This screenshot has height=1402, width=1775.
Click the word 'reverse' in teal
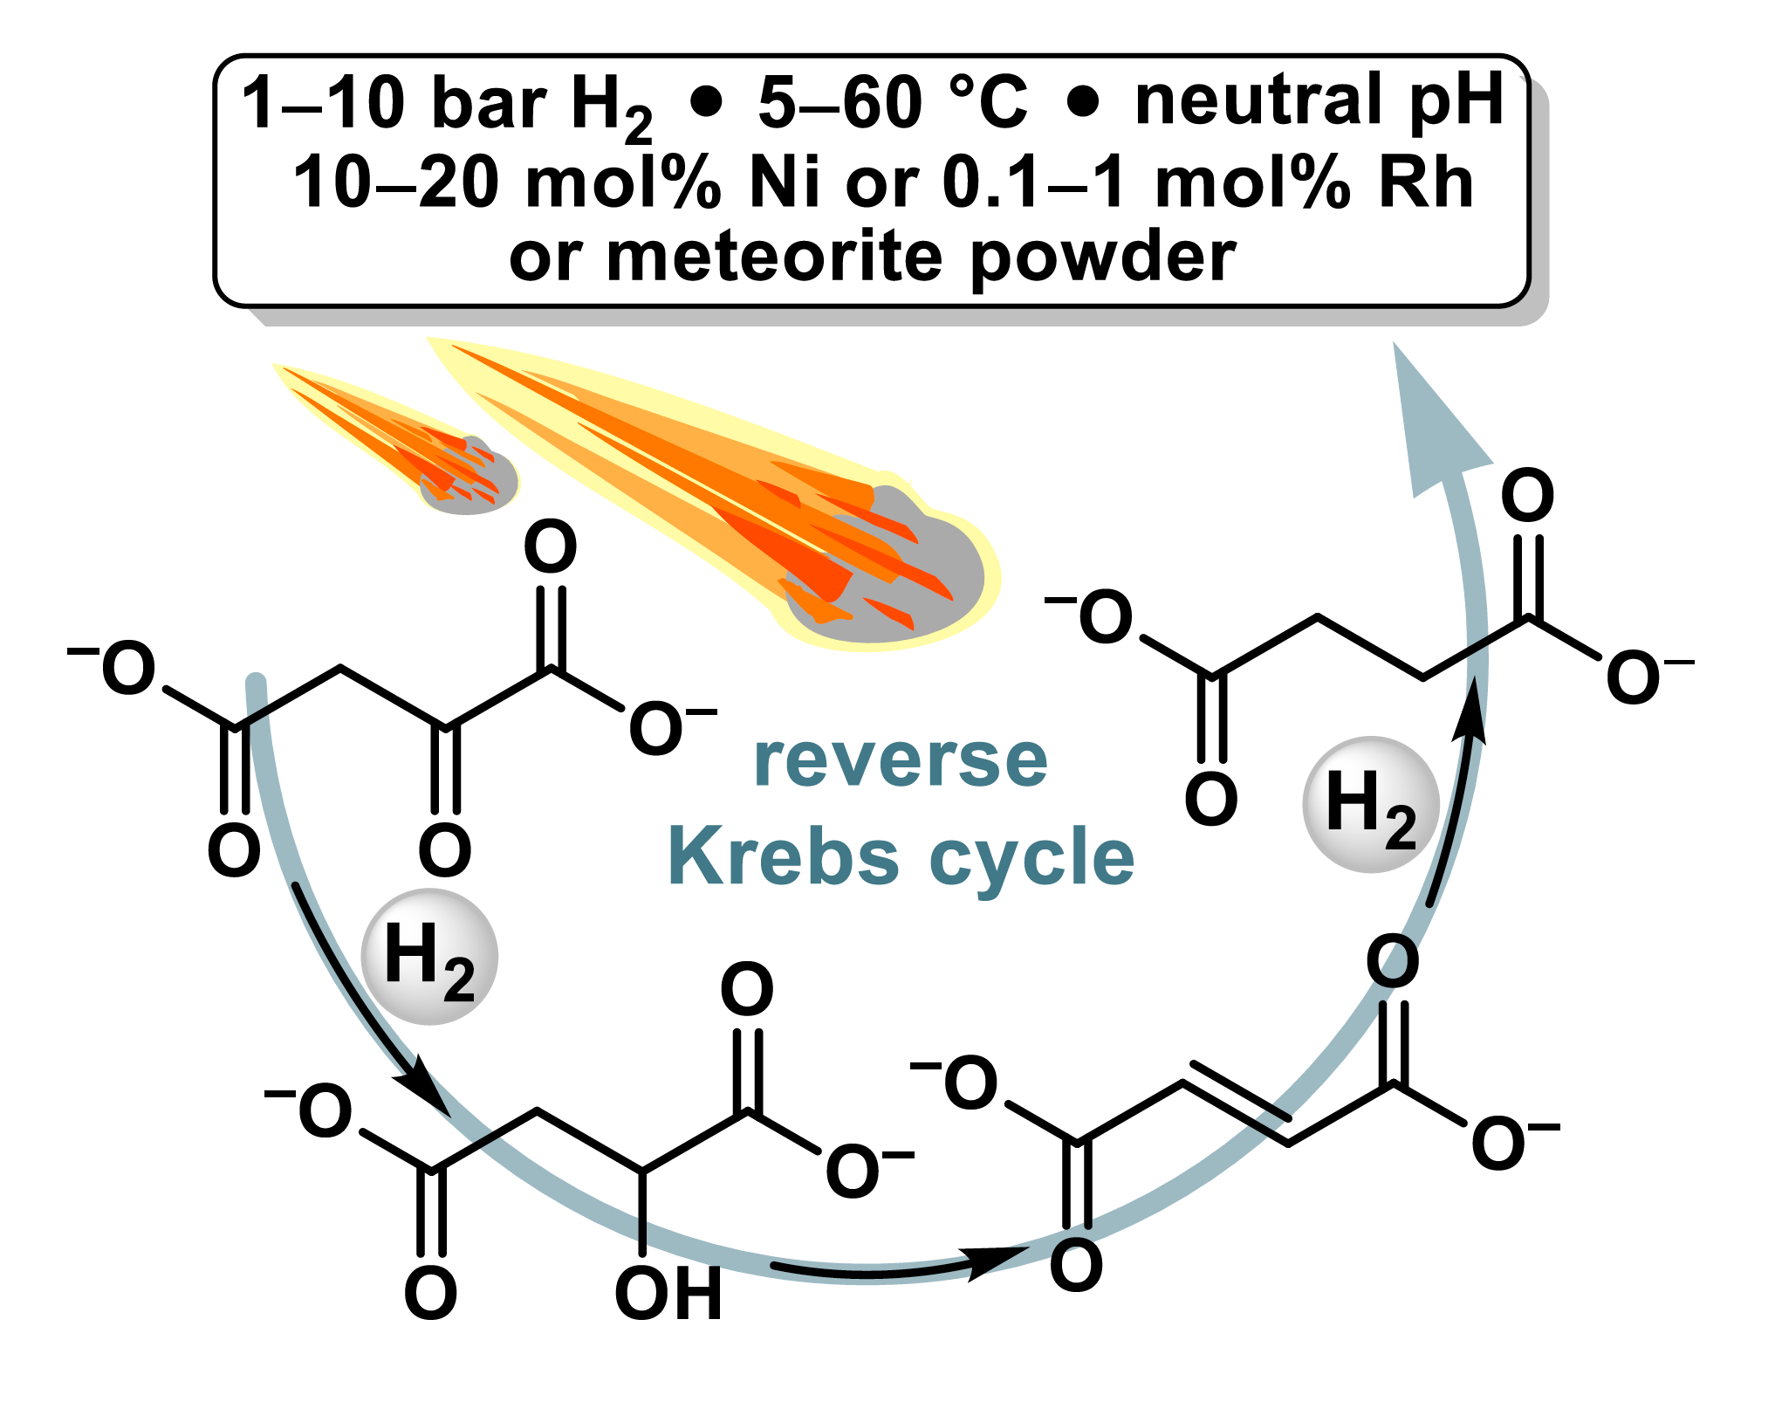click(901, 760)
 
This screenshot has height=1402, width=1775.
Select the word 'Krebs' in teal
click(783, 856)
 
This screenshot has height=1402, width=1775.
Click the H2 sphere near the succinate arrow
click(1370, 804)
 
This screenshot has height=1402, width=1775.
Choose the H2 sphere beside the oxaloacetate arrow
click(429, 956)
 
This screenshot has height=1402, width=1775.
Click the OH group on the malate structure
click(668, 1293)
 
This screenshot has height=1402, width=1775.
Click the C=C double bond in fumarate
click(1237, 1102)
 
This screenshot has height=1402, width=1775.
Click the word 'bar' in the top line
click(489, 103)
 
